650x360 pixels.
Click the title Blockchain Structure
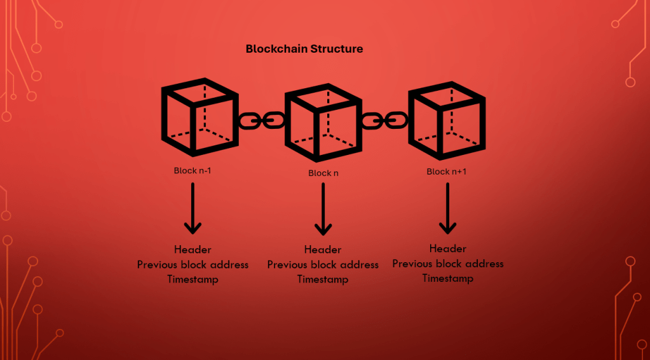[x=304, y=49]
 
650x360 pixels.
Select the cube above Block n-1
[x=198, y=117]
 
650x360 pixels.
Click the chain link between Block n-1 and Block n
[x=261, y=119]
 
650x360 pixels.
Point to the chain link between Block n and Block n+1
[x=384, y=119]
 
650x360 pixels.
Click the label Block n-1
[x=193, y=171]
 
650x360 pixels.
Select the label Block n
[x=323, y=173]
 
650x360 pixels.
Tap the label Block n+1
[x=447, y=171]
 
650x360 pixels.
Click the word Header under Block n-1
[x=193, y=250]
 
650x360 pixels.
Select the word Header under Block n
[x=323, y=250]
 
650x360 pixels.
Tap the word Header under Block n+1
[x=447, y=248]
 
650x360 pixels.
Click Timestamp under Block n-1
[x=193, y=279]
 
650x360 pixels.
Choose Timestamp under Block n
[x=323, y=279]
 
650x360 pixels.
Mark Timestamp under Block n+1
[x=447, y=278]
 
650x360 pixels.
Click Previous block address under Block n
[x=323, y=265]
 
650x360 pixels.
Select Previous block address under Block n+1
[x=447, y=263]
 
